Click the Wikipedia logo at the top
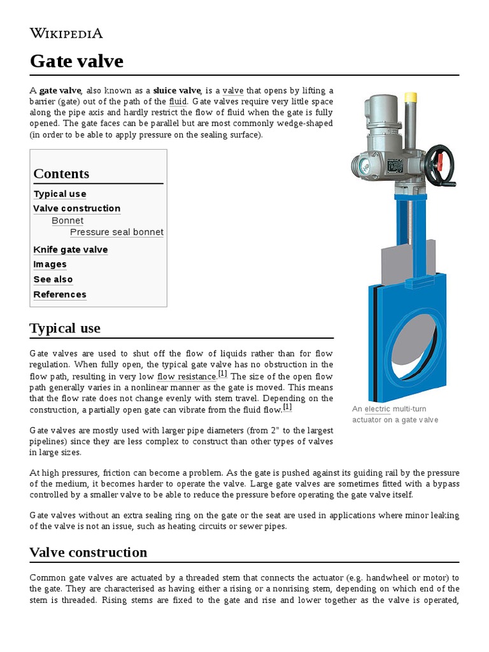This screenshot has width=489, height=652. [x=66, y=33]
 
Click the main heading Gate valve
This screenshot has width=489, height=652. [x=76, y=62]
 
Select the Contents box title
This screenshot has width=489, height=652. [x=61, y=173]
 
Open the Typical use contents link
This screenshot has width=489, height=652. [x=60, y=194]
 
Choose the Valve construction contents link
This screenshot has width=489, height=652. [x=76, y=208]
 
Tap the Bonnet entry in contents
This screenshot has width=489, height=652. [x=67, y=220]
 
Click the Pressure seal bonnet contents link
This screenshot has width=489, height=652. [x=117, y=232]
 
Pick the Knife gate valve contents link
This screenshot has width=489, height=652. [x=71, y=250]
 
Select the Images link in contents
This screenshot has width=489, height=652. [x=50, y=264]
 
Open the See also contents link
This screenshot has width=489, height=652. [x=53, y=280]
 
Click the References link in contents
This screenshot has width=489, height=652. [x=60, y=294]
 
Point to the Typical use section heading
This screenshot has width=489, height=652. [x=65, y=329]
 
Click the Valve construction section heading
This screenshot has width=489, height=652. [x=89, y=552]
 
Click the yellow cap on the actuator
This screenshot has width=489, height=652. [x=411, y=97]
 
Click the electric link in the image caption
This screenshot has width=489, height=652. [x=377, y=409]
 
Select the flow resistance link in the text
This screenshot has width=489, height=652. [x=187, y=376]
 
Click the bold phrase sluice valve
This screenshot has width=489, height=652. [x=176, y=90]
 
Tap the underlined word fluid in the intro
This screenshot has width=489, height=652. [x=177, y=101]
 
